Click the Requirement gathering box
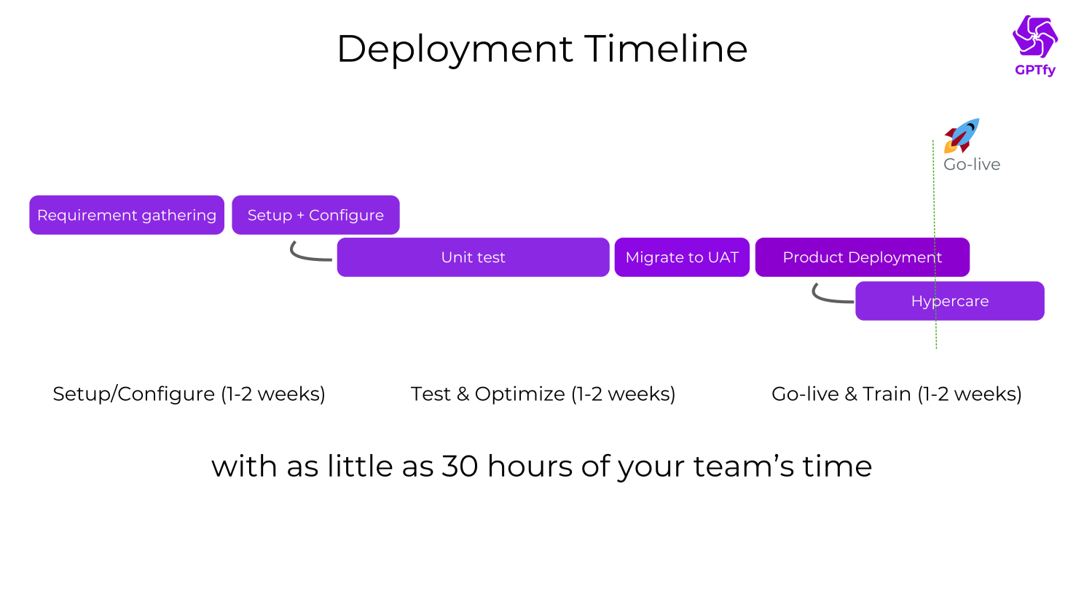pos(127,215)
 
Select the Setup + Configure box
pos(315,215)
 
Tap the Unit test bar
pos(473,257)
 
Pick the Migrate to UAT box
pos(682,257)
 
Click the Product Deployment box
pos(862,257)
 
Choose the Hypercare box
pos(949,301)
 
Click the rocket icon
pos(962,136)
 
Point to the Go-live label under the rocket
pos(972,165)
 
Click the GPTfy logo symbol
pos(1034,36)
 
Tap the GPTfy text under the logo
pos(1034,70)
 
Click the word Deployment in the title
pos(455,50)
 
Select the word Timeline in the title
pos(666,50)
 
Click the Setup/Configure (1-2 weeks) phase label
pos(189,394)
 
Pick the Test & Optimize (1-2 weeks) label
pos(543,394)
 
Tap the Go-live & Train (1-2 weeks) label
pos(896,394)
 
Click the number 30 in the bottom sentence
pos(460,466)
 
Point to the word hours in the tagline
pos(530,466)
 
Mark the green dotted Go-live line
pos(935,335)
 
